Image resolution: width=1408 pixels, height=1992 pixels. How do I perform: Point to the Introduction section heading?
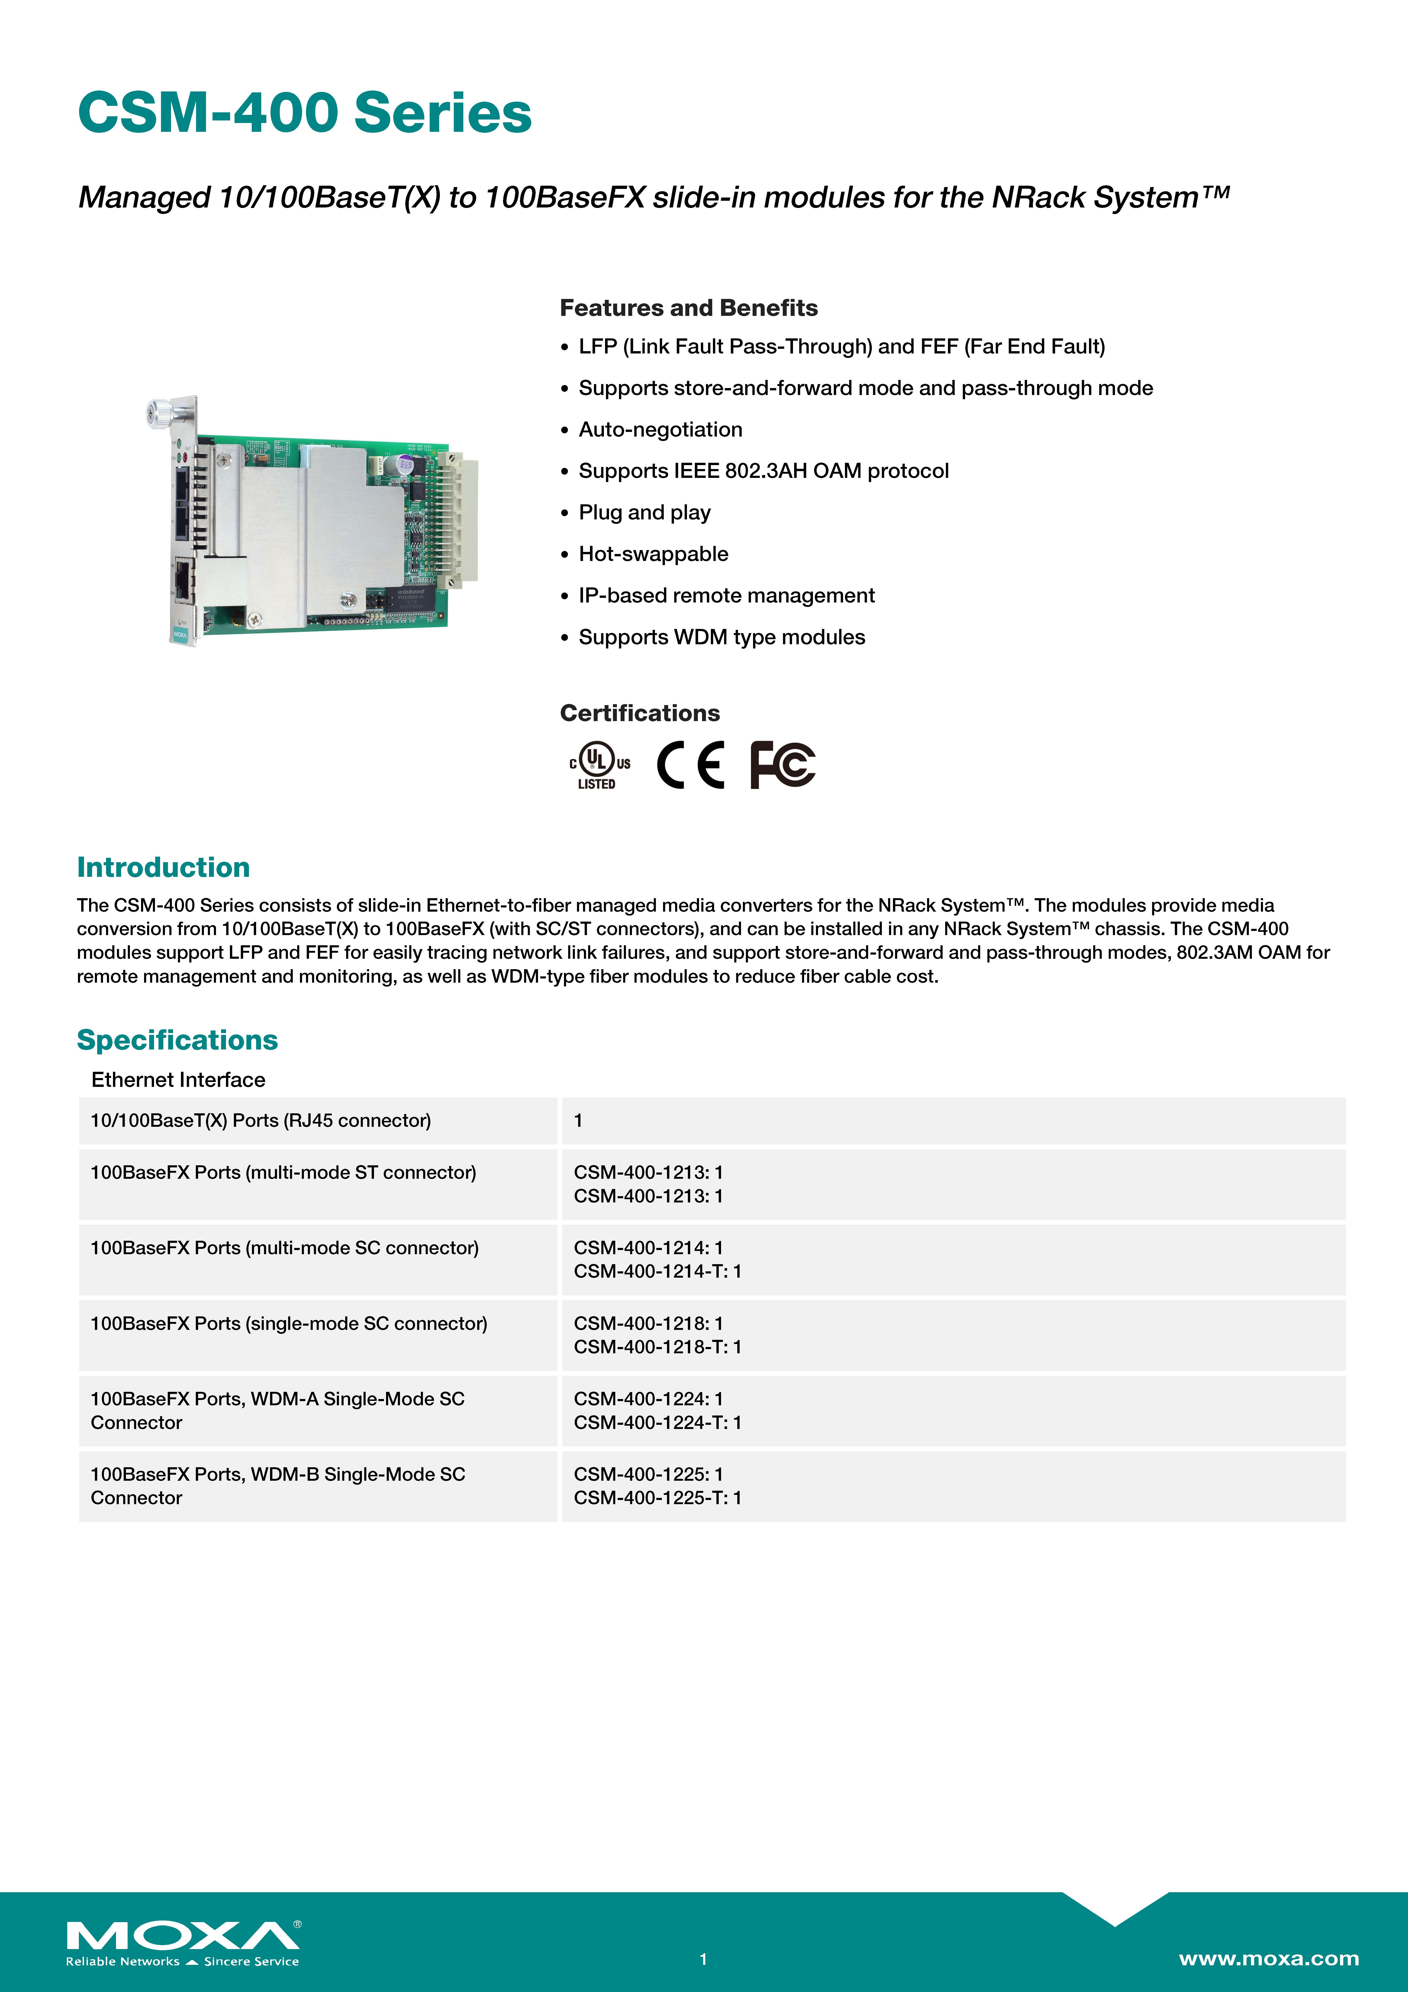(x=163, y=867)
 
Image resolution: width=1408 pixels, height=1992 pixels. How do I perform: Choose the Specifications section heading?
(x=177, y=1039)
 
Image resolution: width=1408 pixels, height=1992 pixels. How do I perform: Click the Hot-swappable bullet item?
(x=653, y=554)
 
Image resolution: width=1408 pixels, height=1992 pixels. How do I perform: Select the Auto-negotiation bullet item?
(x=660, y=429)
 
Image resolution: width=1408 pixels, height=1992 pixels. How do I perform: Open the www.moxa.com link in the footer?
(x=1268, y=1958)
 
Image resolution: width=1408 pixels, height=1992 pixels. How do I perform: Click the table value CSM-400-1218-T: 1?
(x=657, y=1347)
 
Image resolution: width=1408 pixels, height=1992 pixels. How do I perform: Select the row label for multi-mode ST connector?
(x=283, y=1172)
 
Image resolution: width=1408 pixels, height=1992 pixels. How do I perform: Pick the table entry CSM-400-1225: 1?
(x=648, y=1474)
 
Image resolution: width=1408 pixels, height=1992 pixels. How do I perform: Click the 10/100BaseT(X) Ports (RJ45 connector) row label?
(x=260, y=1120)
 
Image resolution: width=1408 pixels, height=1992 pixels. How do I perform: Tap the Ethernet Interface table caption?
(x=178, y=1079)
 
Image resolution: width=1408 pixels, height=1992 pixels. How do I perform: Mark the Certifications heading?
(x=639, y=713)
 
